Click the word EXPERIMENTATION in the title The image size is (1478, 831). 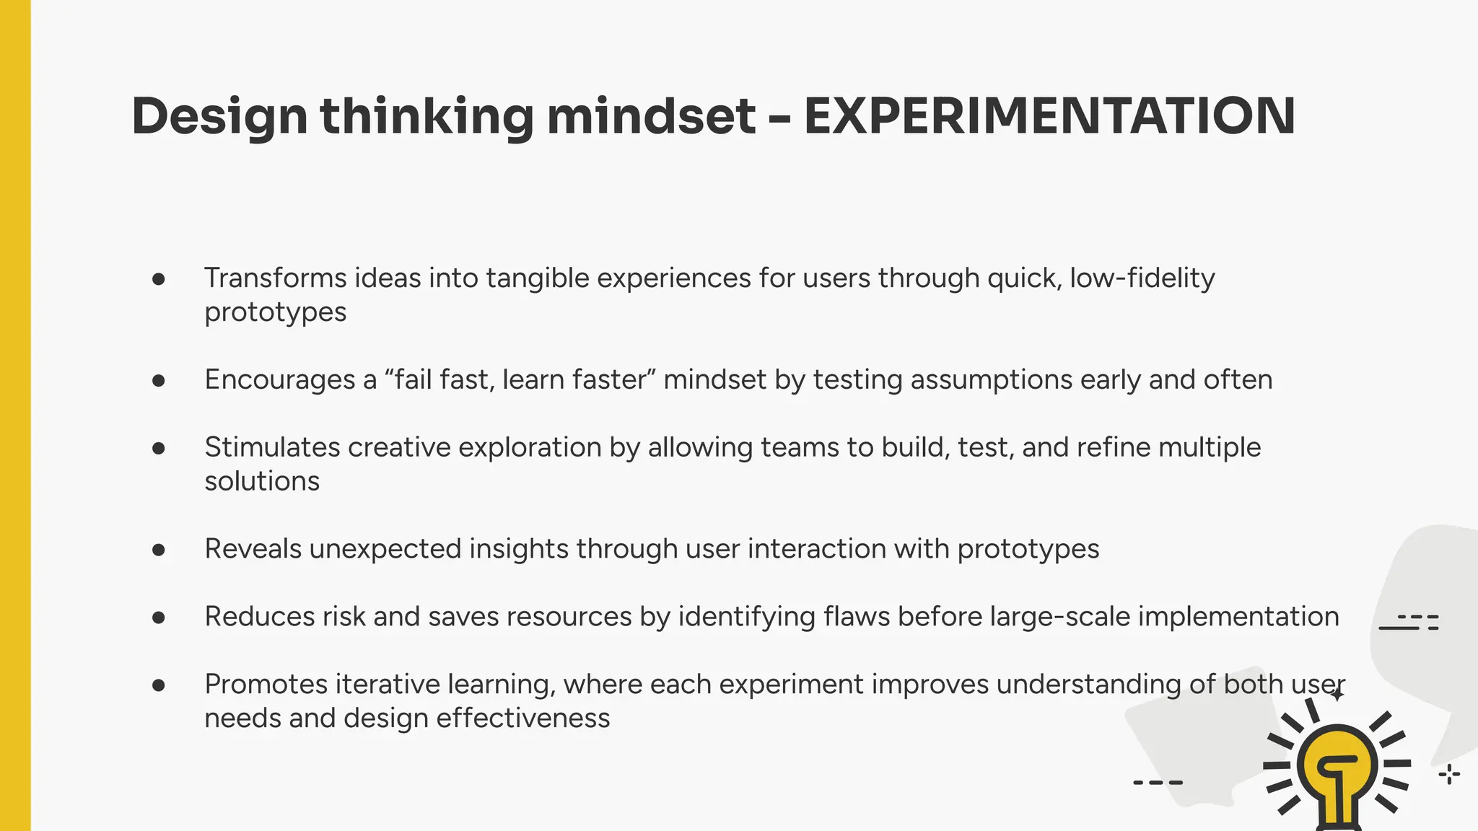click(1049, 115)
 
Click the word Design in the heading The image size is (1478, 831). click(219, 117)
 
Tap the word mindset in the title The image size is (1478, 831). click(651, 115)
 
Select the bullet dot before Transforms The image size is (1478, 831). click(159, 279)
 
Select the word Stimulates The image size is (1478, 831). click(272, 448)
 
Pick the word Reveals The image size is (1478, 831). click(253, 550)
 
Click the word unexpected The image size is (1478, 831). click(385, 550)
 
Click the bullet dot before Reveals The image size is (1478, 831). click(159, 550)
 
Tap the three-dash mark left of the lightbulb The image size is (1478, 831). click(1158, 782)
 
